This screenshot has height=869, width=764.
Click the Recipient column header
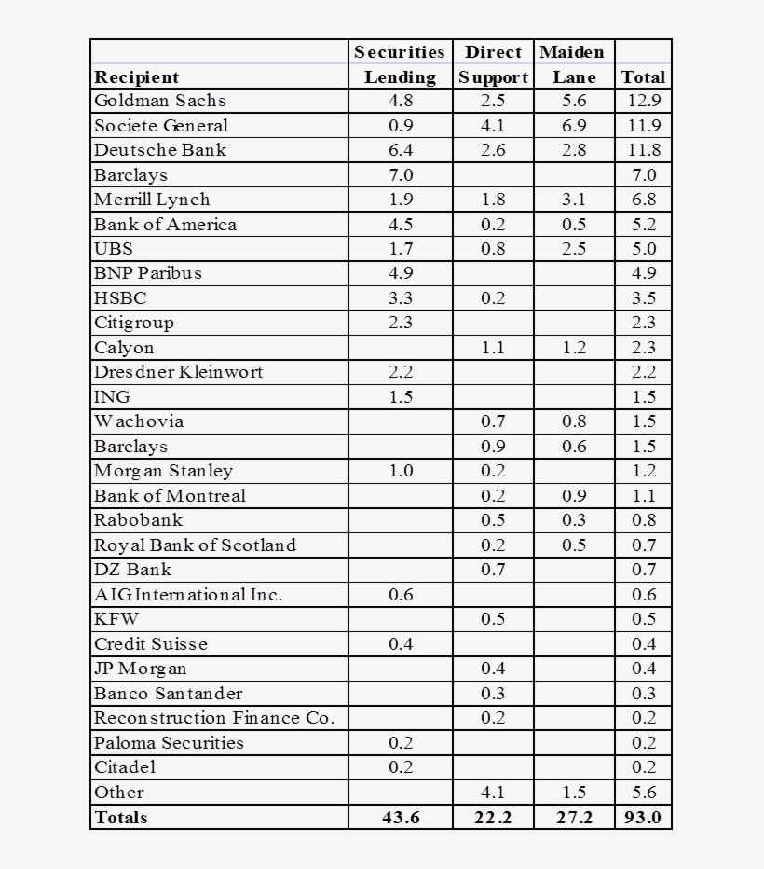click(x=136, y=77)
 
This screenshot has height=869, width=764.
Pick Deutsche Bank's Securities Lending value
click(x=400, y=150)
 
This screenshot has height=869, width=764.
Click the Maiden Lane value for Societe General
click(x=574, y=126)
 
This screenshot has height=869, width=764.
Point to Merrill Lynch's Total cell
click(x=643, y=200)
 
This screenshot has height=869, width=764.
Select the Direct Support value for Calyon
click(x=493, y=348)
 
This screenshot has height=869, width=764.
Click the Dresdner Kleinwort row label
click(x=179, y=372)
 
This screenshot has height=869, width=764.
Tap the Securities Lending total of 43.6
click(x=400, y=818)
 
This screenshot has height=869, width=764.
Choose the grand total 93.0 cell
click(x=643, y=818)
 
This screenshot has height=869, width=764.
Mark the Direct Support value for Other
click(x=493, y=793)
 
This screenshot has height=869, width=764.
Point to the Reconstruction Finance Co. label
click(x=213, y=718)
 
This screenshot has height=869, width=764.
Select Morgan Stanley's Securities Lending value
click(x=400, y=471)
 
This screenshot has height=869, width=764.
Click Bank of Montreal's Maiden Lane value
click(x=574, y=496)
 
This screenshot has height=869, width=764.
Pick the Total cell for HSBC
click(x=643, y=298)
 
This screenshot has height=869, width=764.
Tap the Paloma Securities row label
click(x=169, y=743)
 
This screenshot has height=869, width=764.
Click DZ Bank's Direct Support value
click(x=493, y=570)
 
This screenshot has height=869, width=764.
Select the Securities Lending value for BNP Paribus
click(x=400, y=273)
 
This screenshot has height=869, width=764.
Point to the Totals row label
click(x=121, y=818)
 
